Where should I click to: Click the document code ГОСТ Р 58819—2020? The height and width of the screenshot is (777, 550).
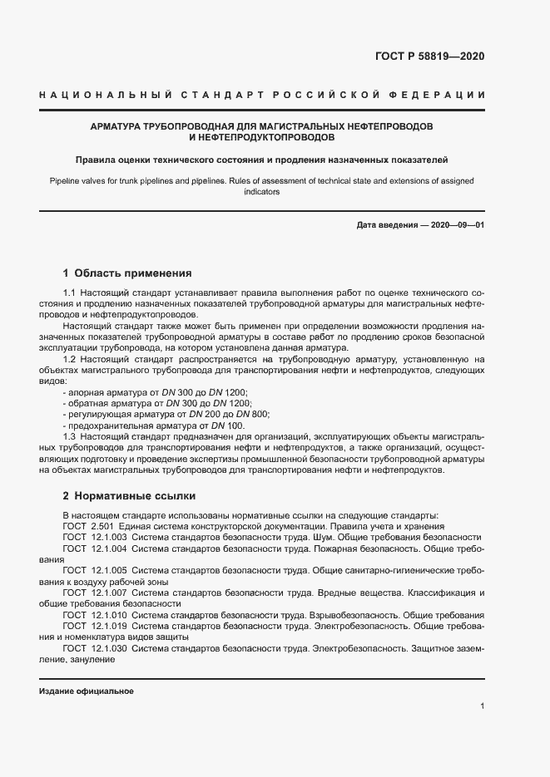430,57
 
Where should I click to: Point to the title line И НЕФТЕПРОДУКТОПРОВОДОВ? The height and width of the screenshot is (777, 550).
262,136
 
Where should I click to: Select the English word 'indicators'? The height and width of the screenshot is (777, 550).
262,192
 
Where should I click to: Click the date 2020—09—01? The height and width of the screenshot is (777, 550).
456,226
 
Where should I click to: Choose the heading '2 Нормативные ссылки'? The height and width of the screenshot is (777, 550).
129,496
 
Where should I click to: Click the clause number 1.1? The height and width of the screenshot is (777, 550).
70,293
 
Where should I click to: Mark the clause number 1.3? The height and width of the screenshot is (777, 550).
70,435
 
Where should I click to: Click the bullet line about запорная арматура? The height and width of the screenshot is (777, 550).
156,391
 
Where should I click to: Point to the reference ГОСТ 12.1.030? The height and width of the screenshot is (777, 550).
93,647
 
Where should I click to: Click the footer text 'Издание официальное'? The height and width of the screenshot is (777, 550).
86,691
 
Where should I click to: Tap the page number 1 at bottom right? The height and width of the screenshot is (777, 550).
482,706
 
